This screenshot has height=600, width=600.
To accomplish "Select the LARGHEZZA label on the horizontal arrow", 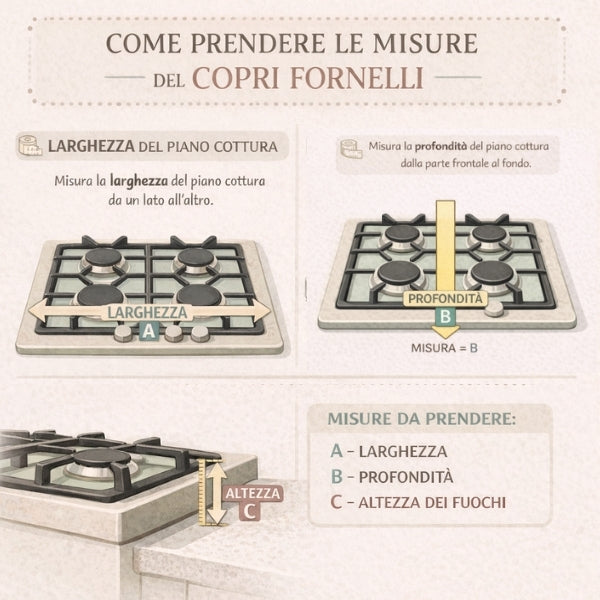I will (148, 313).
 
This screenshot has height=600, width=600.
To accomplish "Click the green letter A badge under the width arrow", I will (148, 332).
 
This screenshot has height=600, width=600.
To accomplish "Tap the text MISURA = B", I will (445, 348).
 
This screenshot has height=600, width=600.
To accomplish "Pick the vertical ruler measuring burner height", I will (212, 492).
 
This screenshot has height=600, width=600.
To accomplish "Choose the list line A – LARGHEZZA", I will (388, 451).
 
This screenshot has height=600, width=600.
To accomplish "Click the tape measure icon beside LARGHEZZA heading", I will (30, 147).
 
